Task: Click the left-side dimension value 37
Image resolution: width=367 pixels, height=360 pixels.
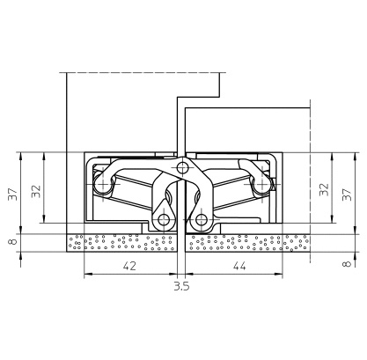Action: tap(13, 194)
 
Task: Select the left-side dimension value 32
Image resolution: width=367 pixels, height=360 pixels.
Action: tap(36, 191)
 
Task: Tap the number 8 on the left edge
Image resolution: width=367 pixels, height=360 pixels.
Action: tap(13, 242)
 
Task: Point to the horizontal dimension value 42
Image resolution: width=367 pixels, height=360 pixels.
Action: tap(129, 266)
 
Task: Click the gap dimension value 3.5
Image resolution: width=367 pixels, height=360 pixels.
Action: tap(181, 285)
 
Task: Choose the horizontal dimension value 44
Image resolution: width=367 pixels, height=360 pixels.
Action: tap(239, 266)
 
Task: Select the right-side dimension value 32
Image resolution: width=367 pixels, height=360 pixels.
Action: tap(324, 189)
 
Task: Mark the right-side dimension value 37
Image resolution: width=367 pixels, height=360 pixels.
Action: tap(347, 195)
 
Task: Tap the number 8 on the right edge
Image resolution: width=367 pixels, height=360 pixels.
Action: tap(347, 263)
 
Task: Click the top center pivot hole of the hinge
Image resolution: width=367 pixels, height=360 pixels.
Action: tap(183, 168)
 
